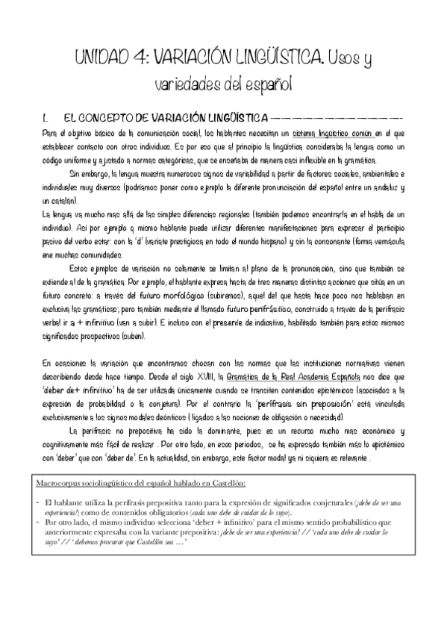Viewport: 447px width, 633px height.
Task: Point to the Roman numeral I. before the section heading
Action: tap(46, 118)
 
